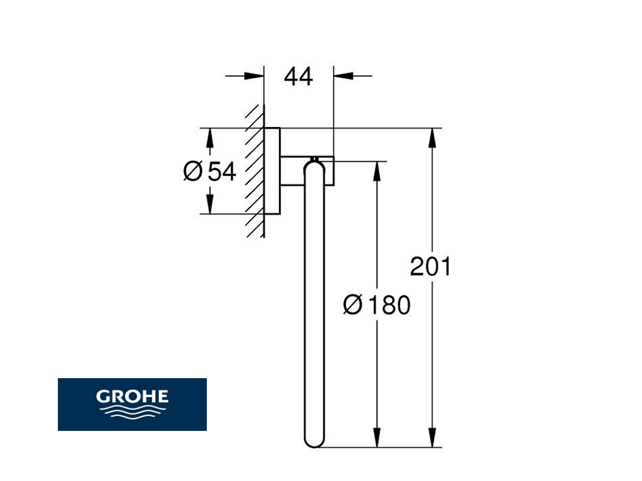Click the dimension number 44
pyautogui.click(x=299, y=77)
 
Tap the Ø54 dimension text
pyautogui.click(x=209, y=171)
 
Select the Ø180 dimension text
pyautogui.click(x=377, y=305)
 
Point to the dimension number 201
pyautogui.click(x=431, y=267)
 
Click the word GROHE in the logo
pyautogui.click(x=132, y=396)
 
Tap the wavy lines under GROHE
pyautogui.click(x=132, y=411)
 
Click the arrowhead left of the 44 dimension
pyautogui.click(x=254, y=76)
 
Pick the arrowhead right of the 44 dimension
pyautogui.click(x=343, y=76)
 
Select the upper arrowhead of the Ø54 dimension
pyautogui.click(x=209, y=138)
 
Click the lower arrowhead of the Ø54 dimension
pyautogui.click(x=209, y=204)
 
